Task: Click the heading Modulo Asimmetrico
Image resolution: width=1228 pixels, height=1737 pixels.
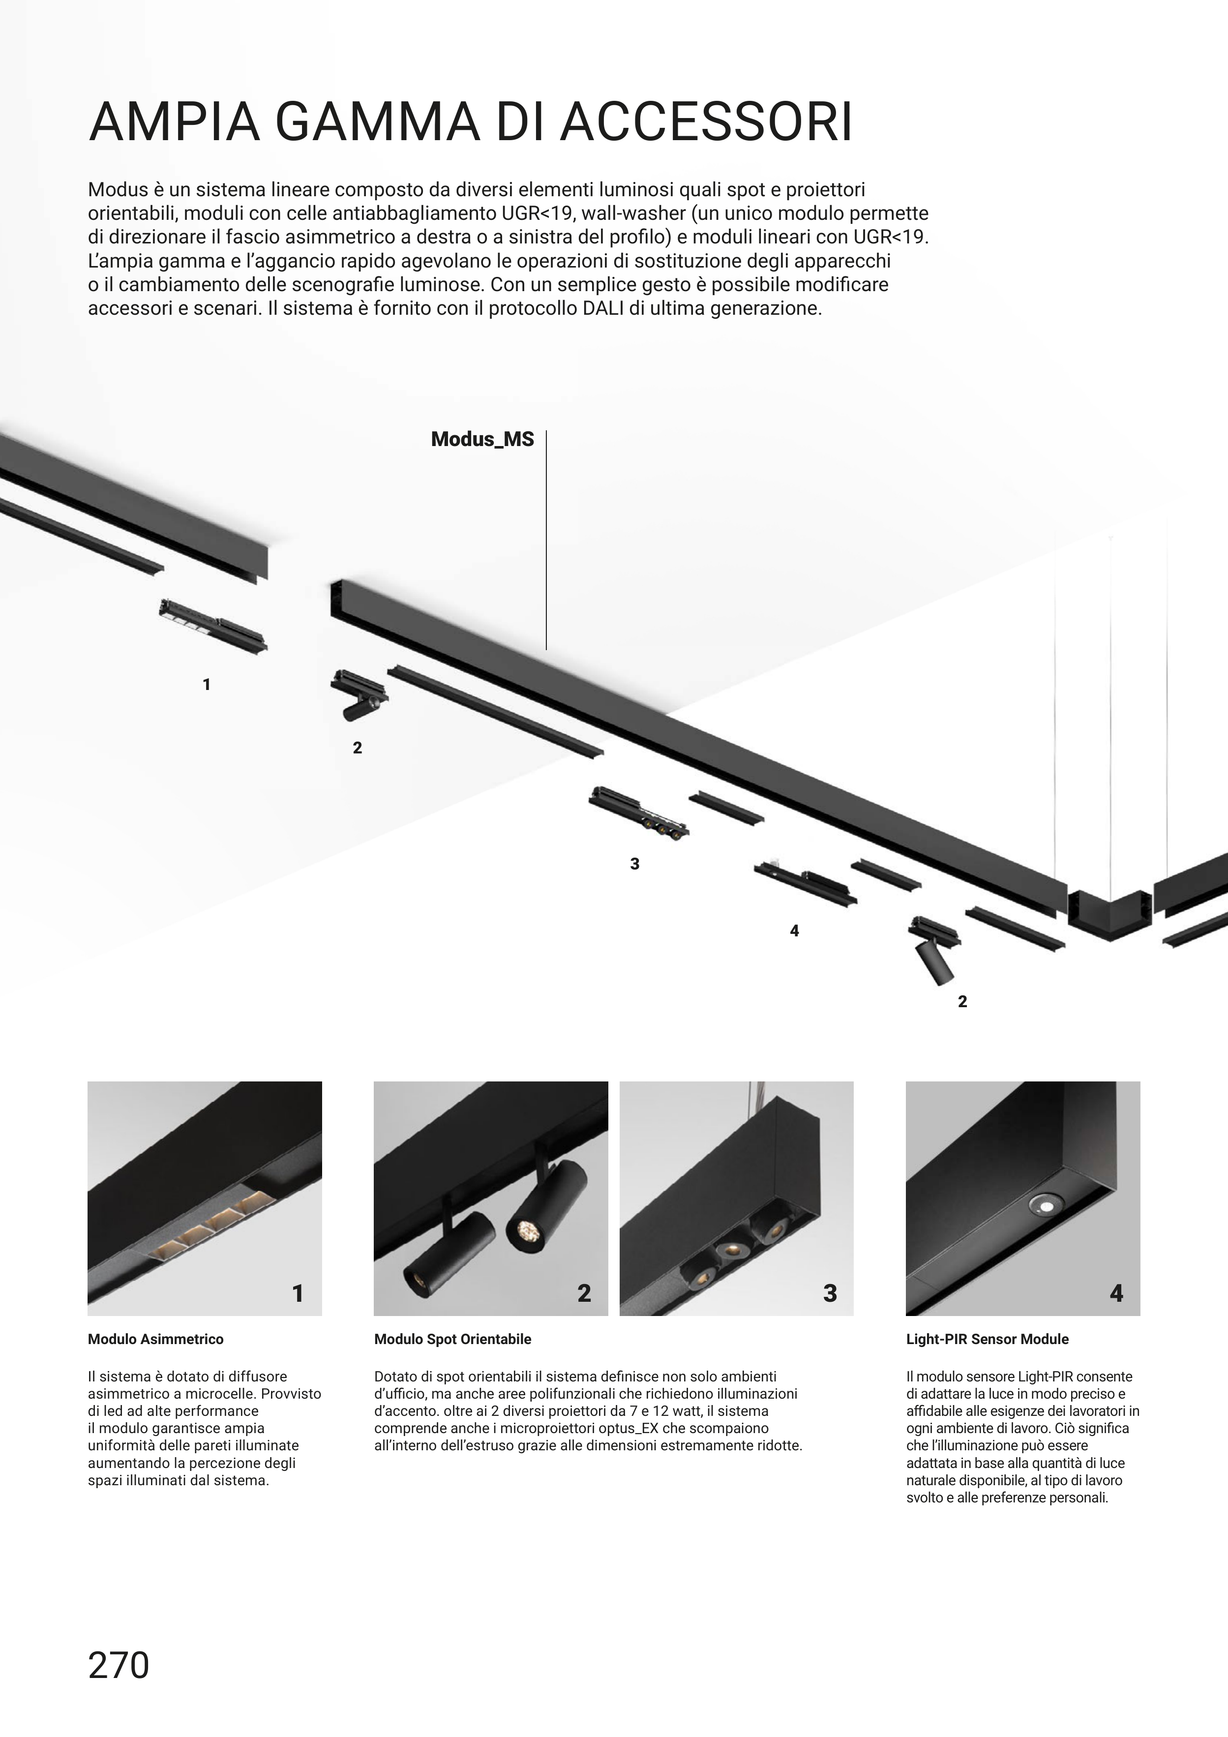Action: pyautogui.click(x=156, y=1339)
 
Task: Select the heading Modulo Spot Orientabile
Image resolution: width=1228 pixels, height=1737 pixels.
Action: pyautogui.click(x=452, y=1339)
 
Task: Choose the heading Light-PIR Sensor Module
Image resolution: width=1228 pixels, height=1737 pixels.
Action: pyautogui.click(x=988, y=1339)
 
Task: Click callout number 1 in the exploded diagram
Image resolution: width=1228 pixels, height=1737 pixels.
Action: pyautogui.click(x=207, y=685)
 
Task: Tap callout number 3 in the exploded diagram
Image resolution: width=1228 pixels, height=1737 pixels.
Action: pyautogui.click(x=635, y=864)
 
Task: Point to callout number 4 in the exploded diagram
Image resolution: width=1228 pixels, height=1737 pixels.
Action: pyautogui.click(x=794, y=931)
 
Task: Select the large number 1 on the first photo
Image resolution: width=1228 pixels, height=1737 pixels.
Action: pyautogui.click(x=298, y=1294)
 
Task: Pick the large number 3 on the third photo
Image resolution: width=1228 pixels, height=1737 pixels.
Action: pyautogui.click(x=830, y=1294)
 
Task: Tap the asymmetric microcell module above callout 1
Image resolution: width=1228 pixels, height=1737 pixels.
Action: pyautogui.click(x=213, y=626)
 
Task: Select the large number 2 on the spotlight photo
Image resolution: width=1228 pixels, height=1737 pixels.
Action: pyautogui.click(x=584, y=1294)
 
